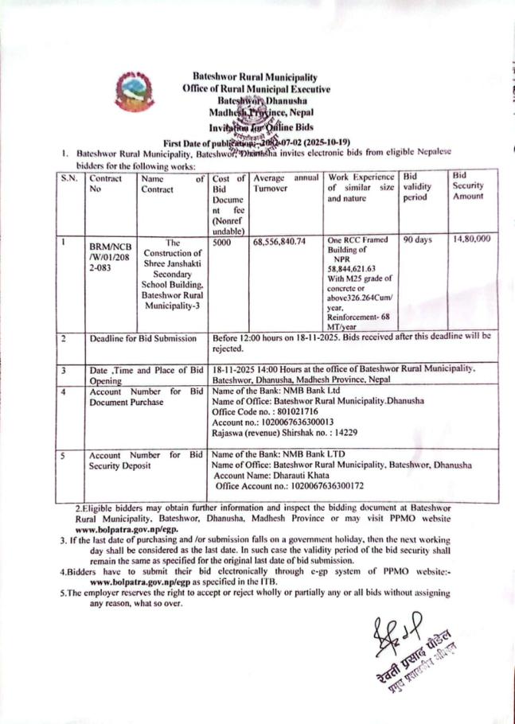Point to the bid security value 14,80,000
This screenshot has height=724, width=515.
pyautogui.click(x=470, y=239)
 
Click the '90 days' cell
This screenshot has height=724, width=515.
pyautogui.click(x=417, y=239)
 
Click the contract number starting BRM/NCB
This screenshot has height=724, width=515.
pyautogui.click(x=107, y=258)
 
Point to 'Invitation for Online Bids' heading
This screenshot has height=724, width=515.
pyautogui.click(x=259, y=127)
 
